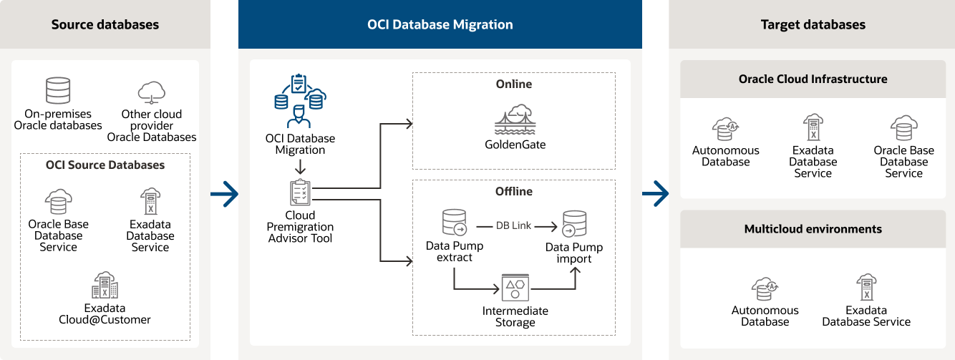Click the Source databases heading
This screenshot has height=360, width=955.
point(105,24)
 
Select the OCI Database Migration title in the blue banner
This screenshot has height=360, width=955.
point(440,24)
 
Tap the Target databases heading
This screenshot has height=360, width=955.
point(813,24)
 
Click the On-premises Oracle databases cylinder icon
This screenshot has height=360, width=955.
point(58,91)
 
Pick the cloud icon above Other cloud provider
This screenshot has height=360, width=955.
point(152,92)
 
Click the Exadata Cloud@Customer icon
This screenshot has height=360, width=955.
point(105,286)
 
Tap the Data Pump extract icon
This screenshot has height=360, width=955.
point(455,223)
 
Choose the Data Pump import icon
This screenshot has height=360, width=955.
point(574,224)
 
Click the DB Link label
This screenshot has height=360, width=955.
point(513,225)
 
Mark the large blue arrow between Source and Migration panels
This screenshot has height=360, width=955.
point(225,193)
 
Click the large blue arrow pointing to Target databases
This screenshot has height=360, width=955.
point(655,193)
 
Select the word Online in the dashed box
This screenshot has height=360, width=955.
point(513,84)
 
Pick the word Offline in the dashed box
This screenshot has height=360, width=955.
point(513,191)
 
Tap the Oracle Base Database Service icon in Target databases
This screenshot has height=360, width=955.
point(903,128)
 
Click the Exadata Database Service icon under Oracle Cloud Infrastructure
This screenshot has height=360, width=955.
point(813,128)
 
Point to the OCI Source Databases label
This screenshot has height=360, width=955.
point(105,165)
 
